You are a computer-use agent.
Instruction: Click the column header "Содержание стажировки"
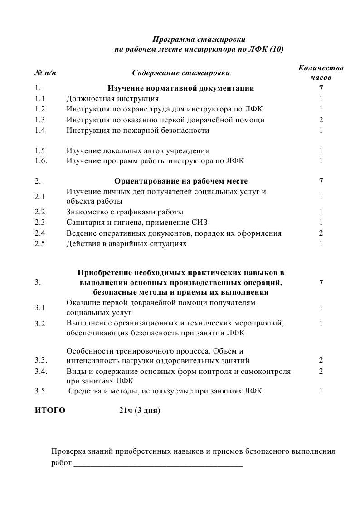coord(181,73)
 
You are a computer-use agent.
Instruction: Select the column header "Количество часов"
coord(321,73)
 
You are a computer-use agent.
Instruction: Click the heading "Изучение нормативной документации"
coord(181,88)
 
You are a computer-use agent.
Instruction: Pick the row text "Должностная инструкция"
coord(112,98)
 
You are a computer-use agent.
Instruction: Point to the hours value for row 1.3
coord(321,120)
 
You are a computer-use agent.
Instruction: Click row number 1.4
coord(40,131)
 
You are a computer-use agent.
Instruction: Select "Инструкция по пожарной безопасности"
coord(138,131)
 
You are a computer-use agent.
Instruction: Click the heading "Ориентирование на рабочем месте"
coord(181,181)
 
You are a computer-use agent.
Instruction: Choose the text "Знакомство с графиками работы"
coord(125,212)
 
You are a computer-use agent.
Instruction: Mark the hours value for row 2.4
coord(321,233)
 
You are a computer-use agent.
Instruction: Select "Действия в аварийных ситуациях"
coord(126,244)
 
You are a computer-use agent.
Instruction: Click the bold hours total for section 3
coord(321,282)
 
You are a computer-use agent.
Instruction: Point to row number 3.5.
coord(41,391)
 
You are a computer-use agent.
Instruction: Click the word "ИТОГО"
coord(50,411)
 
